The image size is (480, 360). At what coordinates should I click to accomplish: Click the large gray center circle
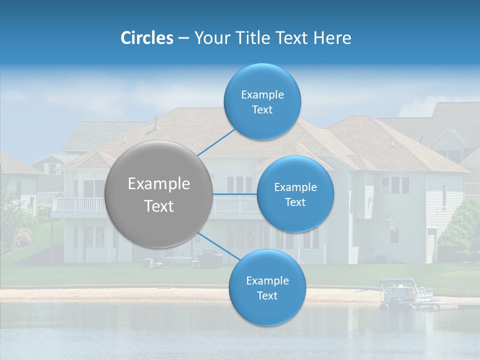pos(159,194)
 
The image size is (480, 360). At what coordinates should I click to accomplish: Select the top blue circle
pos(262,101)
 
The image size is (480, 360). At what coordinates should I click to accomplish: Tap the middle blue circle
pos(295,194)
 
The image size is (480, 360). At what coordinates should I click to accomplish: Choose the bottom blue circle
pos(267,287)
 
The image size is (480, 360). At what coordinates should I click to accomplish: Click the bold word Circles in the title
pos(146,38)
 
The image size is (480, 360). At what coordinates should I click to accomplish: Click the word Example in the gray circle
pos(159,184)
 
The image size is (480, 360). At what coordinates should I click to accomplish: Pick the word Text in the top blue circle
pos(262,110)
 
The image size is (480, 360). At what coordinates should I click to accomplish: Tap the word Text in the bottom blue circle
pos(267,296)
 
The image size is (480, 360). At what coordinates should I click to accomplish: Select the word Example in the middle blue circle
pos(295,187)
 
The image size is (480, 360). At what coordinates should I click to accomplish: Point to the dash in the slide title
pos(183,38)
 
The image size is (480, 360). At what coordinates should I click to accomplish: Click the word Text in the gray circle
pos(159,206)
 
